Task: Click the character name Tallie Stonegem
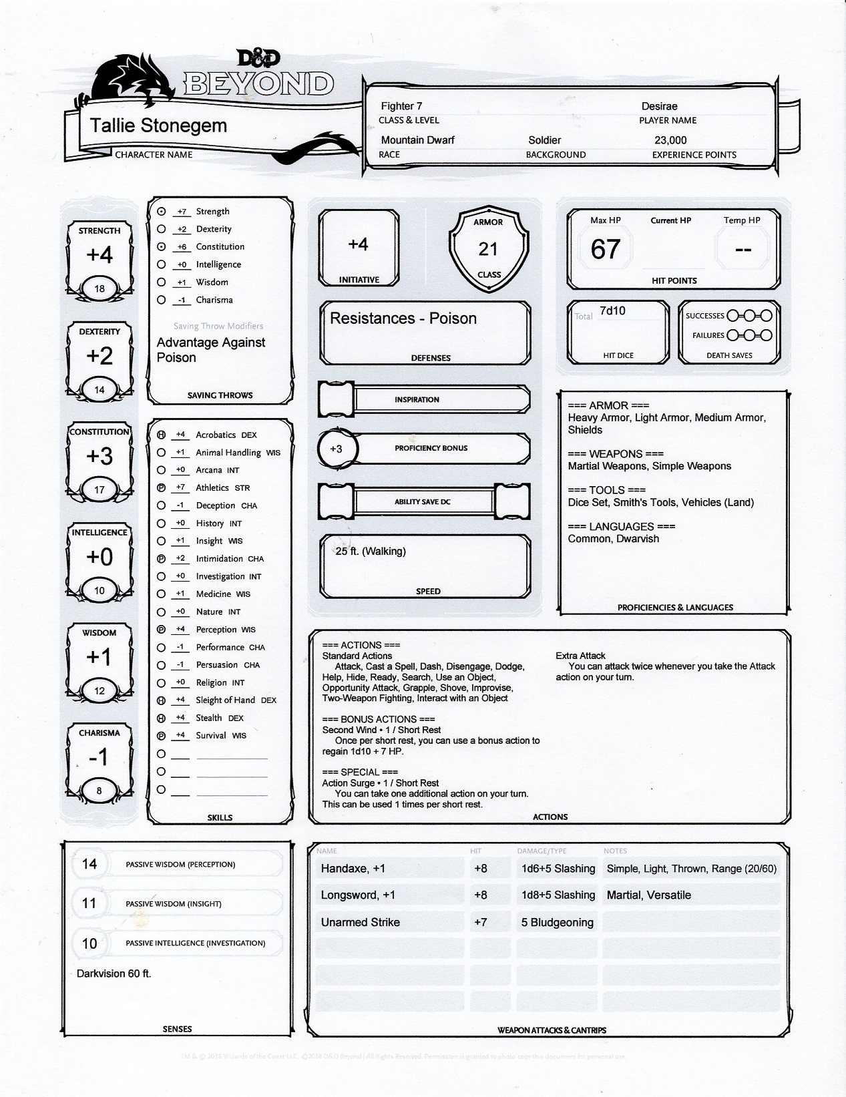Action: point(158,126)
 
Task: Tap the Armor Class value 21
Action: point(488,249)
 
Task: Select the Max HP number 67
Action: point(606,249)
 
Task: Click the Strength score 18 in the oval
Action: point(99,289)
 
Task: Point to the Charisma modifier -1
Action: point(99,757)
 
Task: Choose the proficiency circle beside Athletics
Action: point(161,488)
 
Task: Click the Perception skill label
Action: point(216,630)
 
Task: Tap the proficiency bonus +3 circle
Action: point(336,449)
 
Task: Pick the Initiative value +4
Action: point(358,245)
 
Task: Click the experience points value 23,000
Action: point(670,140)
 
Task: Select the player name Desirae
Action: point(660,106)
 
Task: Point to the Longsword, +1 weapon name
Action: point(358,895)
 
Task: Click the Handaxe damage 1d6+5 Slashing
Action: point(558,869)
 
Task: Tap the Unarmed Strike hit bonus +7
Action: point(480,923)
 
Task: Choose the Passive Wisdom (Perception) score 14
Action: point(89,864)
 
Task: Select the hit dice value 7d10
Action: point(612,310)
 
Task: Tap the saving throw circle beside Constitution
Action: point(161,247)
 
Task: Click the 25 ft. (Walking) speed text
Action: point(371,552)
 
